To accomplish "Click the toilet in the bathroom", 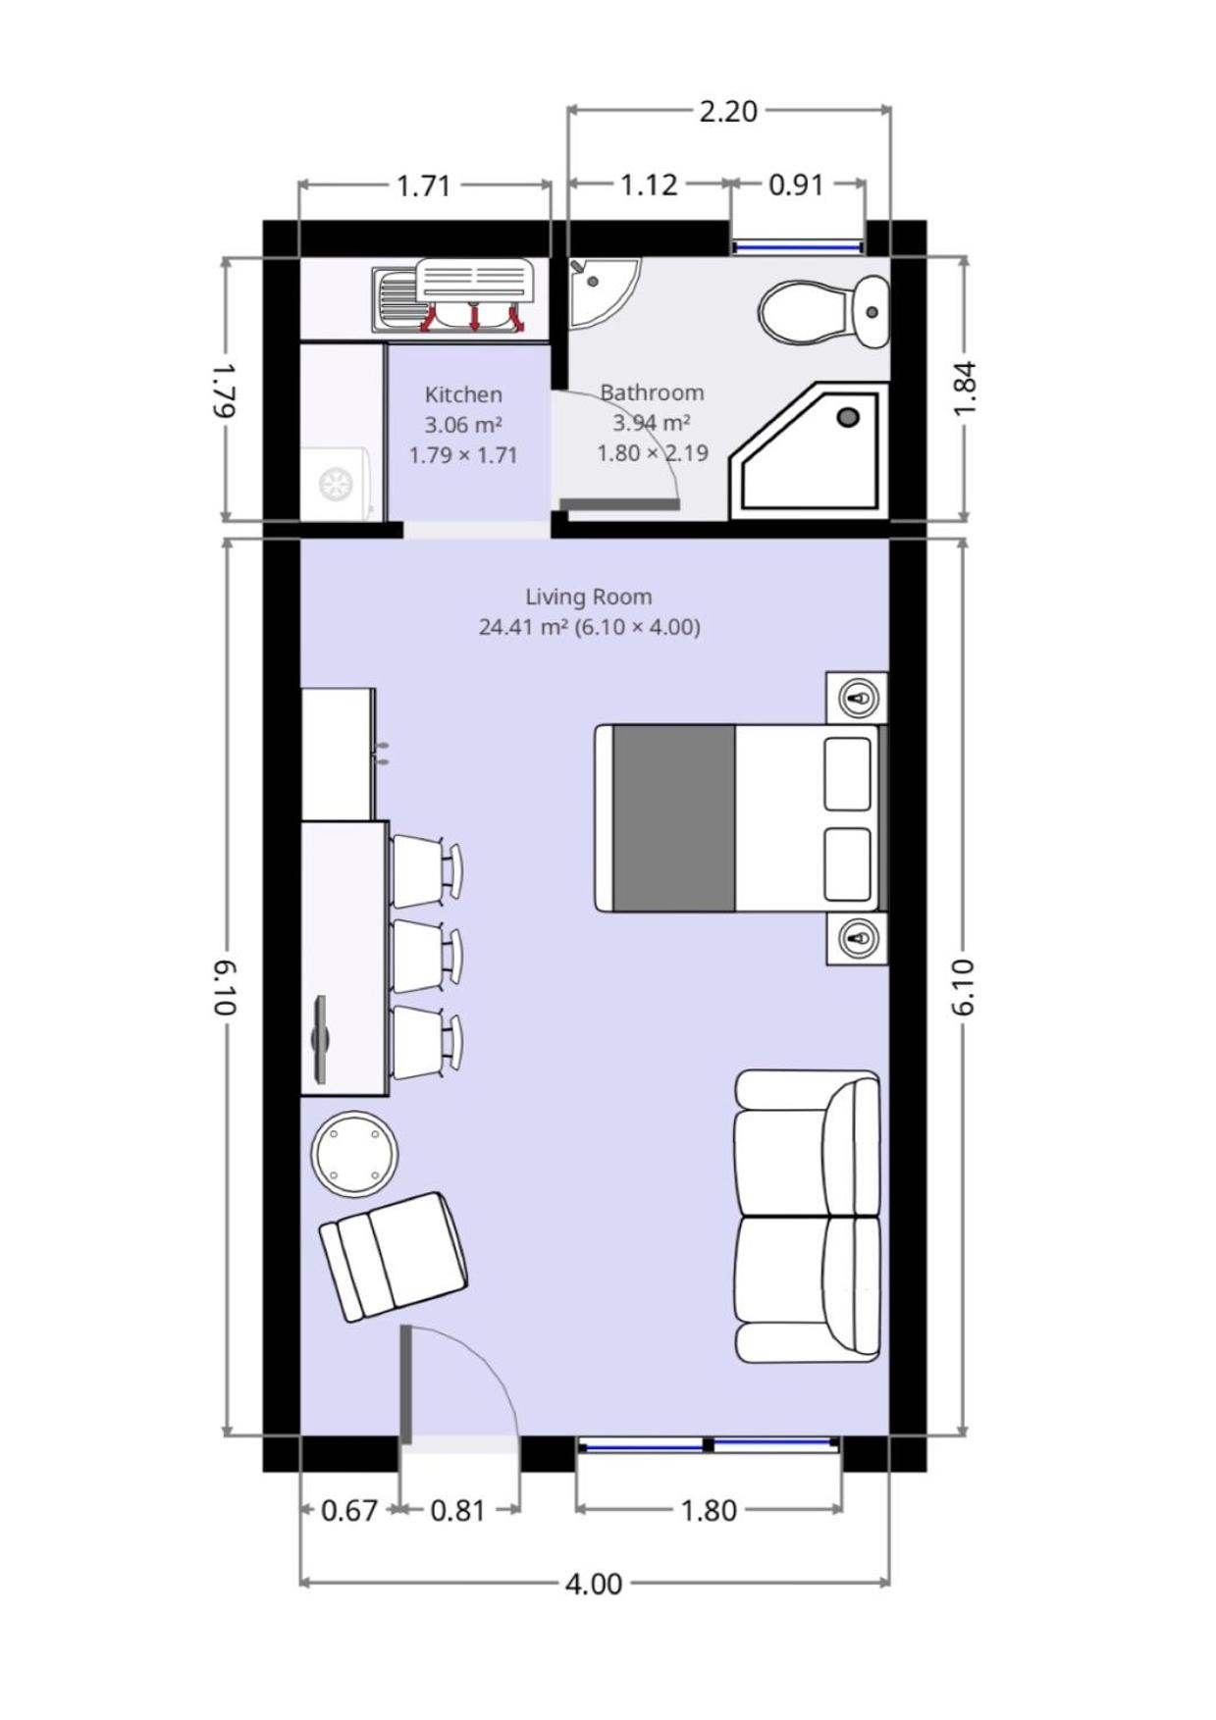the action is (823, 312).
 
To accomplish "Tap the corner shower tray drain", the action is (848, 417).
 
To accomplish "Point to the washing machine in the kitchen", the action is (337, 483).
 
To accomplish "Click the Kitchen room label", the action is (463, 394).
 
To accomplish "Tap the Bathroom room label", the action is (652, 392).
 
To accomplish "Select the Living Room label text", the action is (588, 597).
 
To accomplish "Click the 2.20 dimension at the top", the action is (728, 111).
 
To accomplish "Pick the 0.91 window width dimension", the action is (796, 184).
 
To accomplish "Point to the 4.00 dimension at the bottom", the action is (593, 1584).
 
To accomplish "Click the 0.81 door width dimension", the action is (458, 1510).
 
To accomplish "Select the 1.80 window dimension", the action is (709, 1510).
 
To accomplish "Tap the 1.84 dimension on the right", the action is (965, 389).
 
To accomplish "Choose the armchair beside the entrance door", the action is (394, 1257).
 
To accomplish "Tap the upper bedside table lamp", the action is (861, 698).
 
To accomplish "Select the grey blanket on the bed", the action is (673, 818).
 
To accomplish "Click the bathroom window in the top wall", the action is (798, 247).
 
